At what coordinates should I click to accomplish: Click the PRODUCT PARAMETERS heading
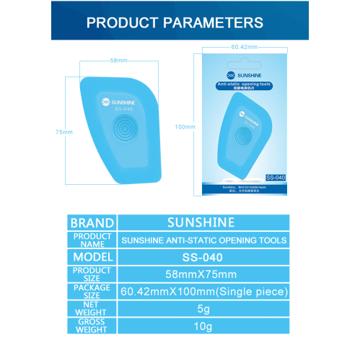pos(175,22)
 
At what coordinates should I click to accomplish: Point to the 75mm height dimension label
pos(63,132)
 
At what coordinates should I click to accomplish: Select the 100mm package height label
pos(185,127)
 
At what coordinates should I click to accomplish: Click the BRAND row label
pos(92,223)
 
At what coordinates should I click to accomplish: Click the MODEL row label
pos(92,257)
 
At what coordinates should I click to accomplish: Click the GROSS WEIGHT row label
pos(92,326)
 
